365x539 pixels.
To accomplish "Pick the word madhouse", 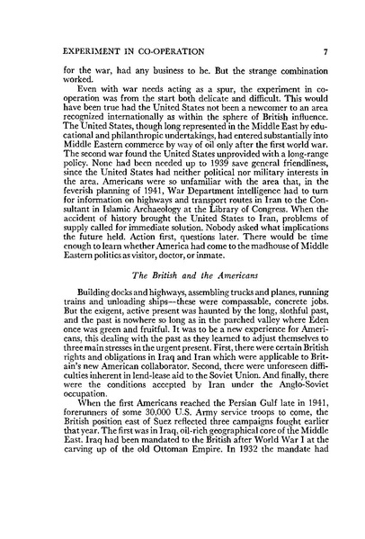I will click(265, 257).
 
